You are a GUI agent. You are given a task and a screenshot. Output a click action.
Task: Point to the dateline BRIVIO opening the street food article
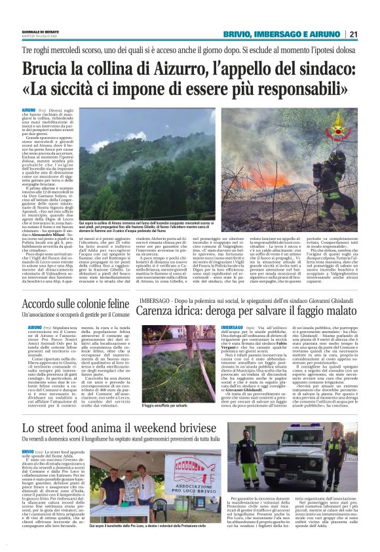pos(28,433)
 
